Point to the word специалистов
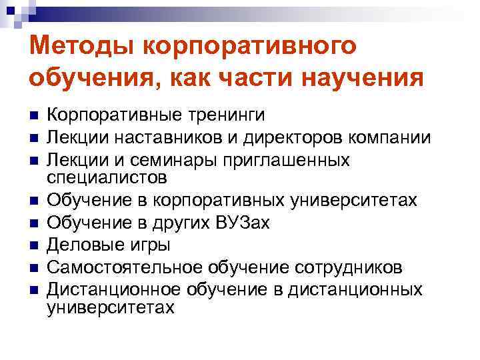[x=107, y=178]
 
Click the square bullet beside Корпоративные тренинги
[x=33, y=117]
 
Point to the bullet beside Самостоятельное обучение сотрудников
[x=33, y=269]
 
